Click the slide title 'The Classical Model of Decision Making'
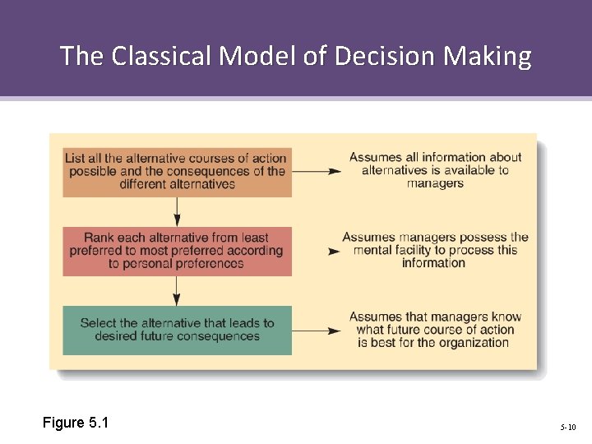point(296,56)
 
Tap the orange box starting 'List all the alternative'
point(177,171)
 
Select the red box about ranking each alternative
point(177,251)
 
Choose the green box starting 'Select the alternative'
point(177,330)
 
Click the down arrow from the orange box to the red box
point(177,211)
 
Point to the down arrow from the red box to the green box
point(177,291)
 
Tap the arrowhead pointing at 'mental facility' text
point(335,251)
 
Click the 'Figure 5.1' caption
point(76,423)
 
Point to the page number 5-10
point(568,427)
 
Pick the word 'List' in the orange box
point(74,158)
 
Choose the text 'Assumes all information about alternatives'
point(435,164)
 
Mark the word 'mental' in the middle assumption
point(375,250)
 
